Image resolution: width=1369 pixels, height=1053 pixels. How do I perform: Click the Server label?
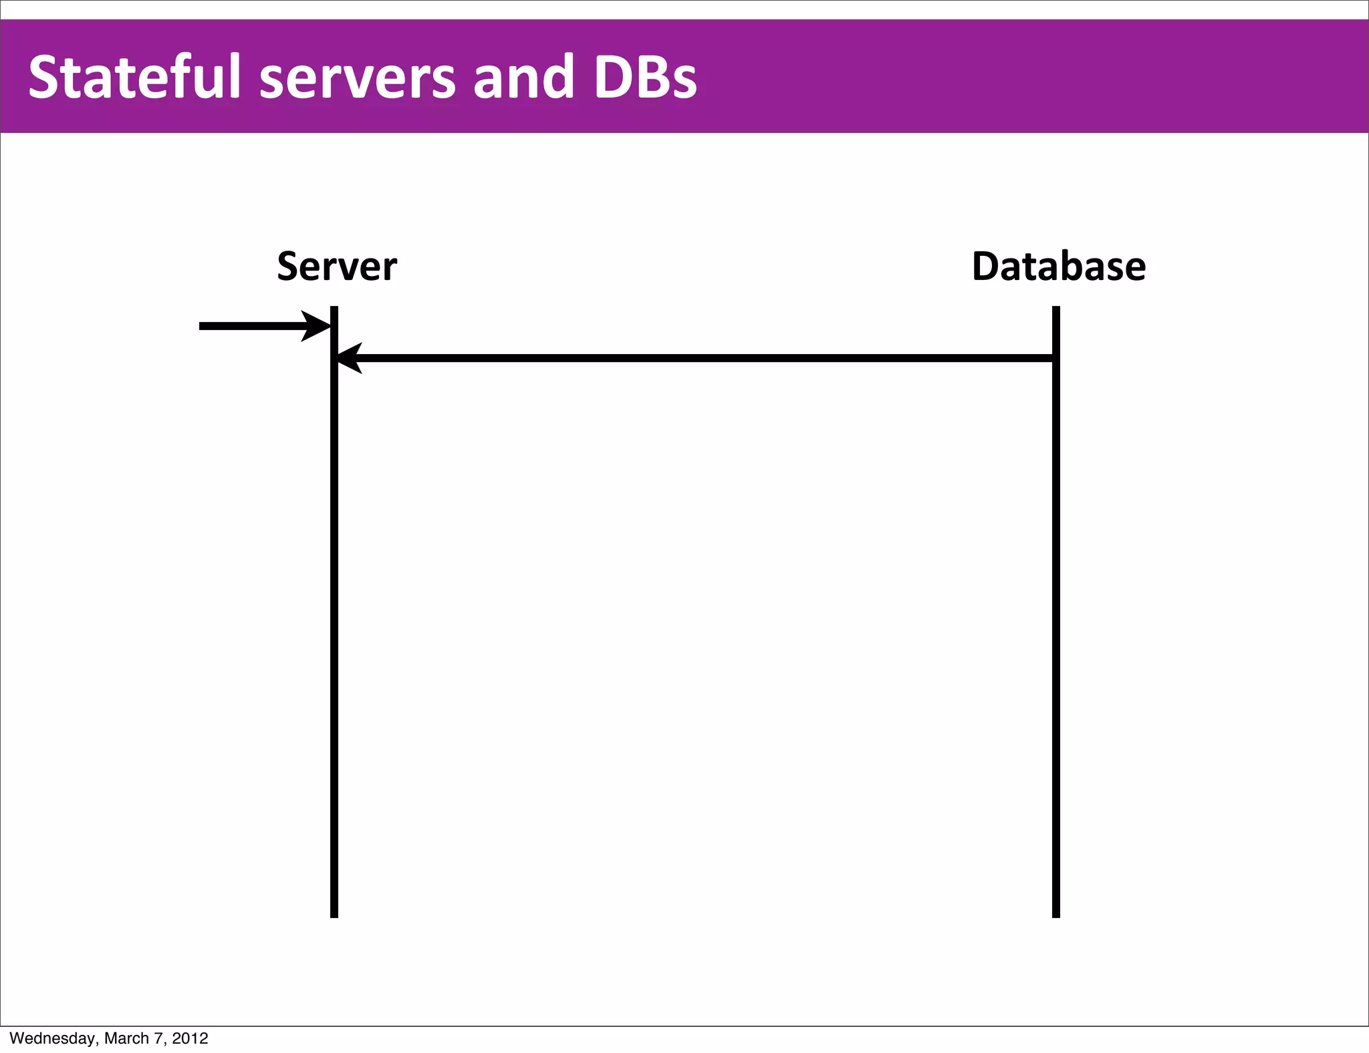(x=337, y=267)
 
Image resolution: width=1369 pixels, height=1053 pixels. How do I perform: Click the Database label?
(x=1058, y=267)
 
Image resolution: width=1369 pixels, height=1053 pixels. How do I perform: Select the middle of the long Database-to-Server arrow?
(x=695, y=358)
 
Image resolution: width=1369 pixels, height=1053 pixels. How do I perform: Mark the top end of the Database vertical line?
(x=1056, y=309)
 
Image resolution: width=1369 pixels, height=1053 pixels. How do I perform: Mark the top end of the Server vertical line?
(x=334, y=309)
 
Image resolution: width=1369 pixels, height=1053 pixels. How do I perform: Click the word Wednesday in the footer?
(x=53, y=1038)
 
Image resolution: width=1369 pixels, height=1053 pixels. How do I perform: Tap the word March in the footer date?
(x=126, y=1038)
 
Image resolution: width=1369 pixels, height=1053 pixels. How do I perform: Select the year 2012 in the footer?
(x=190, y=1038)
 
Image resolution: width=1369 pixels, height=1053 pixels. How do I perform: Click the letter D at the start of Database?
(x=986, y=267)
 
